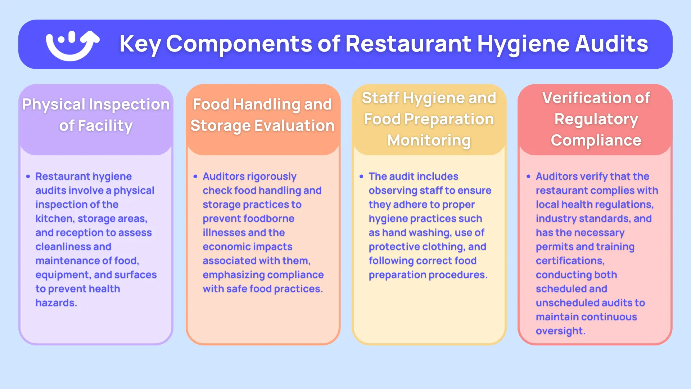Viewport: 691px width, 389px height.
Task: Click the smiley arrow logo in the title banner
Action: [x=72, y=45]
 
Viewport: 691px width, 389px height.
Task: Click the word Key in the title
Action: [x=140, y=44]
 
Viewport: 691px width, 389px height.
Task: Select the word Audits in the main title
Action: [x=611, y=44]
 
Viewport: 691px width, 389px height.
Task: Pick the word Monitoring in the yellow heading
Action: [x=429, y=140]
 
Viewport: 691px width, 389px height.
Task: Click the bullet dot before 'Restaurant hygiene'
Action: [x=28, y=176]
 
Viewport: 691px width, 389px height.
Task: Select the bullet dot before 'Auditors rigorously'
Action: [x=195, y=176]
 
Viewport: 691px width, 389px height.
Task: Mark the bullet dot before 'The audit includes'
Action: [x=361, y=176]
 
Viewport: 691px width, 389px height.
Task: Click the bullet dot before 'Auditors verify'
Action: [x=528, y=176]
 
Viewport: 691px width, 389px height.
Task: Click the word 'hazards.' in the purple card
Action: [x=56, y=303]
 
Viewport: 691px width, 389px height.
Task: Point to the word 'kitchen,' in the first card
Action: [x=54, y=219]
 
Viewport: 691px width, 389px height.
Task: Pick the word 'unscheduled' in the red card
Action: [x=565, y=303]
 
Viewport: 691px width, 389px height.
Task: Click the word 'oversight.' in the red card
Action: [x=560, y=331]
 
